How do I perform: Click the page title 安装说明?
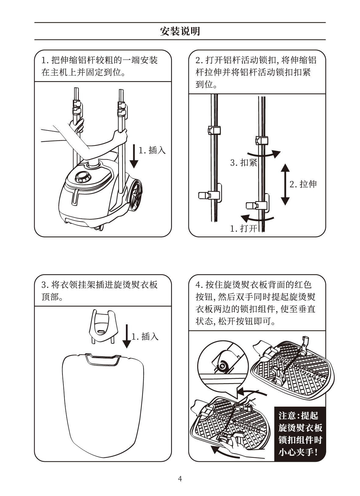180,31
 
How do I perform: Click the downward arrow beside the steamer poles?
134,156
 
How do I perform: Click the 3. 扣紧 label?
244,163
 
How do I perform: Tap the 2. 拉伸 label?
303,184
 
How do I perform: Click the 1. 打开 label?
244,228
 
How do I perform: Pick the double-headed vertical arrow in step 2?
285,185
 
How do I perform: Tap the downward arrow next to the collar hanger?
127,336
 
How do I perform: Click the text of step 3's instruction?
99,291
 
